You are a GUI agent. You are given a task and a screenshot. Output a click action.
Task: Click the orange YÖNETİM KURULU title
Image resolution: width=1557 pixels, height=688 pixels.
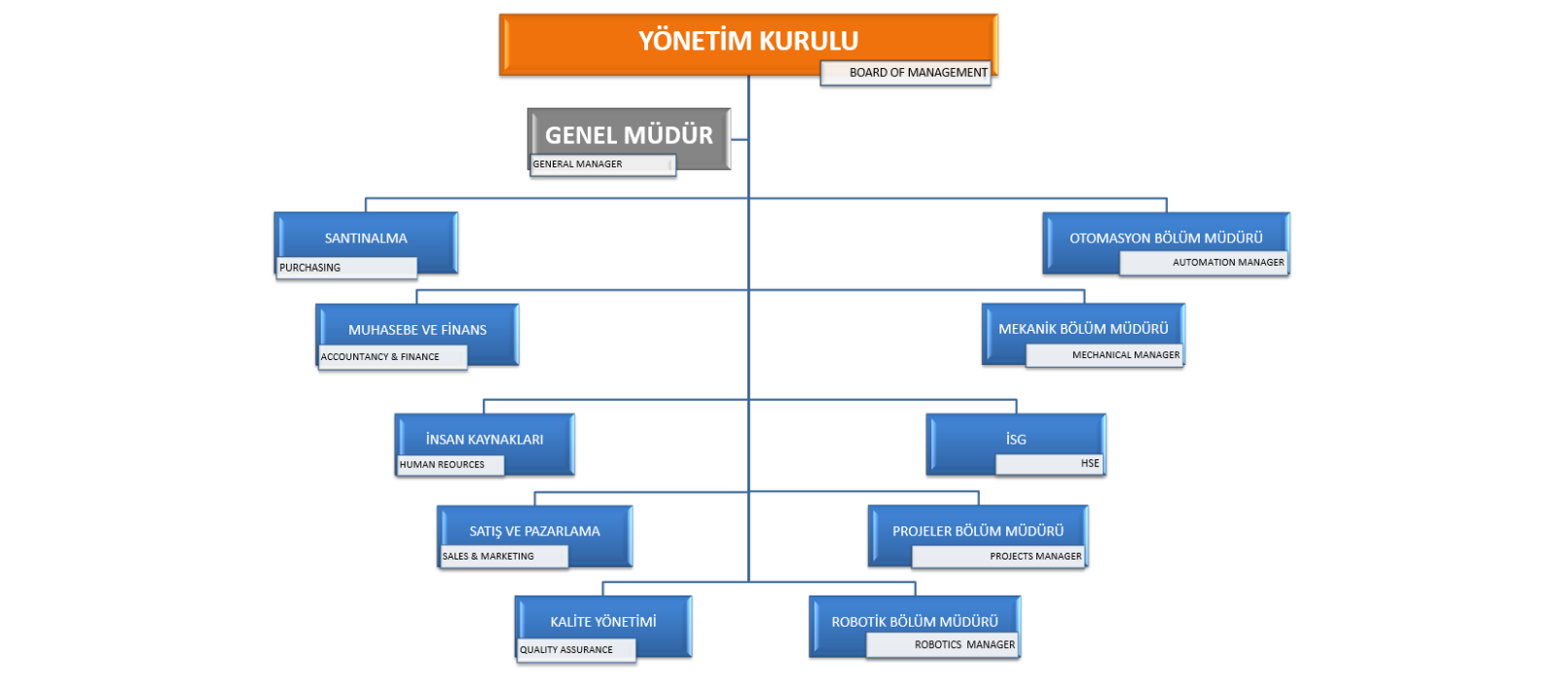(748, 40)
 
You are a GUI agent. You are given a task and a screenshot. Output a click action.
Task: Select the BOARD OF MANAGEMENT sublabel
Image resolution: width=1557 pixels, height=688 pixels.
(919, 72)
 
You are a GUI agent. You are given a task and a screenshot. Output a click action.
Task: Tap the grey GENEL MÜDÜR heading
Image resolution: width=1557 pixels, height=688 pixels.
(629, 135)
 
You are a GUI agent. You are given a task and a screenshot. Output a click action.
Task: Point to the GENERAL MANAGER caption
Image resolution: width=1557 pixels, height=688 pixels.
(578, 164)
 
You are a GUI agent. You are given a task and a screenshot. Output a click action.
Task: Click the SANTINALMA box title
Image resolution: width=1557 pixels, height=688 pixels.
(366, 238)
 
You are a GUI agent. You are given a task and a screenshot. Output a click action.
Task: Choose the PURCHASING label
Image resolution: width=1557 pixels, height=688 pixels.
(310, 268)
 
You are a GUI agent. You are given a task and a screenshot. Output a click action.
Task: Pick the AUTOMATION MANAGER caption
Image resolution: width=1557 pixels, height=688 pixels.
(1228, 262)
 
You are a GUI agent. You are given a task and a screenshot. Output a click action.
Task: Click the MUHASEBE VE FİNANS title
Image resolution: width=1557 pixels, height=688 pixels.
(417, 330)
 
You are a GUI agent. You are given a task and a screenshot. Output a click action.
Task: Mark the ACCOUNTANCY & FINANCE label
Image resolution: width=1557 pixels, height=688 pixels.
(380, 356)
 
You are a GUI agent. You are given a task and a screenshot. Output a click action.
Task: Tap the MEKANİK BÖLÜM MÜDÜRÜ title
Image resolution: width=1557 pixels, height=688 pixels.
(1083, 329)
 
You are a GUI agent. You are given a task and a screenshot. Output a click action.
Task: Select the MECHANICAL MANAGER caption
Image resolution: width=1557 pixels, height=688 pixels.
(1126, 354)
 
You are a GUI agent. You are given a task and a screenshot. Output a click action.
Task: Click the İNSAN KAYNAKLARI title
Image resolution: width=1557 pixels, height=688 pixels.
(485, 439)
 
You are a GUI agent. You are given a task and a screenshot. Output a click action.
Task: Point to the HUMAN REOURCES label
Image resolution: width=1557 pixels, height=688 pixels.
(442, 464)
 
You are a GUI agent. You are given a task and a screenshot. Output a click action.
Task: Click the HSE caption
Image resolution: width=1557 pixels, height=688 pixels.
(1090, 463)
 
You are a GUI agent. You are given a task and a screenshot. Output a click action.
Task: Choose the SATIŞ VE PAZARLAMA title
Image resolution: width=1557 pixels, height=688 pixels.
(534, 531)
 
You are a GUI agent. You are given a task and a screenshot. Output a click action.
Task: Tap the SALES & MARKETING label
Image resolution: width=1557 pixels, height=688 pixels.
(488, 556)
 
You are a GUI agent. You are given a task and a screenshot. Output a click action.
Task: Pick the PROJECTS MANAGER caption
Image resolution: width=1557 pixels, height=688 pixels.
(1035, 556)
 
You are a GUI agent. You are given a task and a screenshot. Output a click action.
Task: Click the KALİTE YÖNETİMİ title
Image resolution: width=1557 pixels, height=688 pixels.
(603, 622)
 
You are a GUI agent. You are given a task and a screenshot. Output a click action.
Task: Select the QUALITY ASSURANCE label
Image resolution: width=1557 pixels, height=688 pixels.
(565, 650)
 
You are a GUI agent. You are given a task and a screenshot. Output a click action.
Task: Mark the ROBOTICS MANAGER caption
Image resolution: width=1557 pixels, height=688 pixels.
(964, 644)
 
